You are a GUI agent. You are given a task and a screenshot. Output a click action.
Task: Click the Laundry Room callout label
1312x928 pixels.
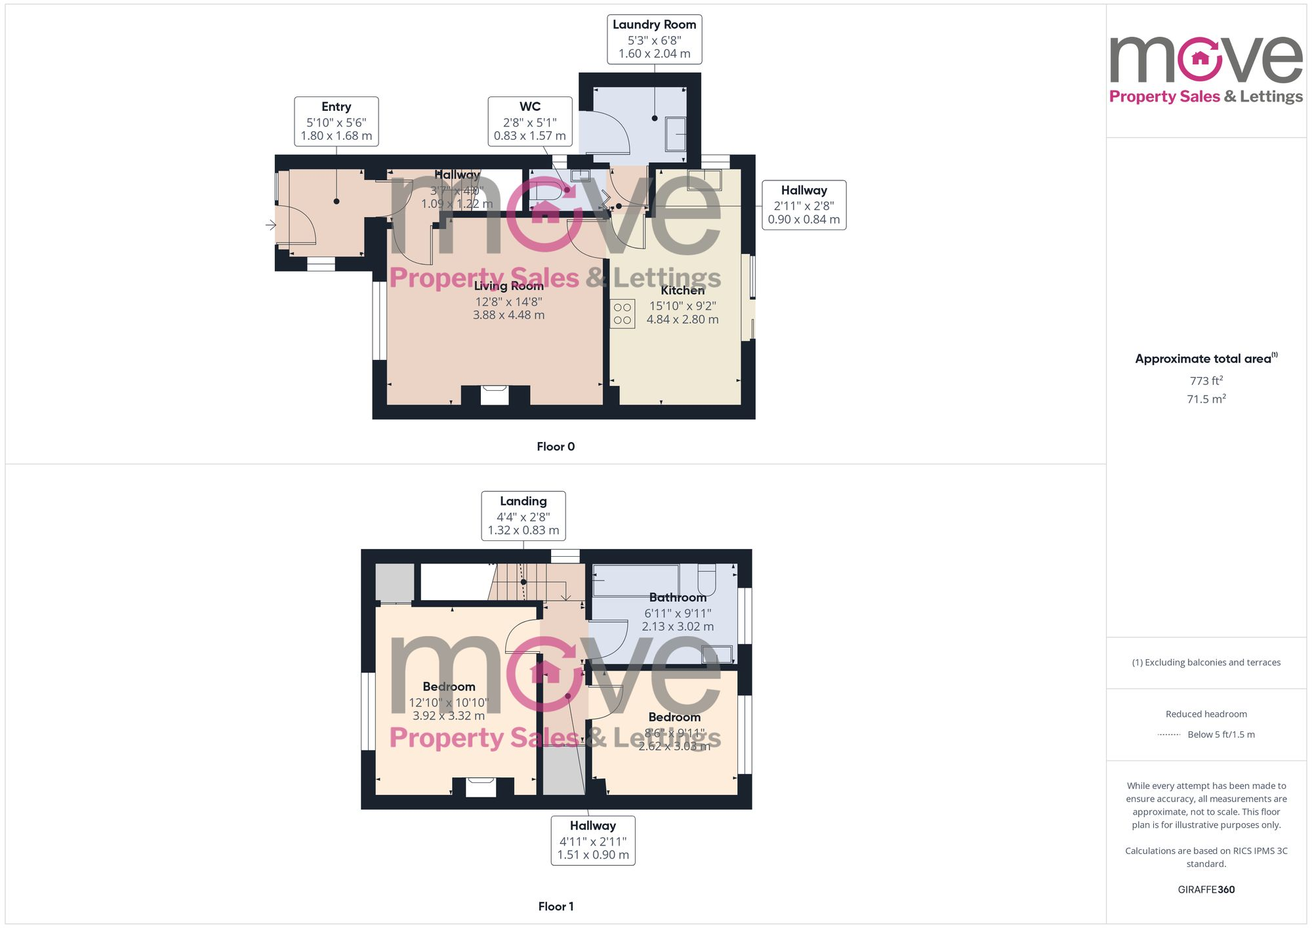(654, 25)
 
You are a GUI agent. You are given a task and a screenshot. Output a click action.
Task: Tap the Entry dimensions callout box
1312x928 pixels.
(336, 121)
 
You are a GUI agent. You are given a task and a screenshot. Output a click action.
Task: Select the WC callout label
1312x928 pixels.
(529, 107)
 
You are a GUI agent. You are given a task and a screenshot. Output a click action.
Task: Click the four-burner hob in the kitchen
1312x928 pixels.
(623, 314)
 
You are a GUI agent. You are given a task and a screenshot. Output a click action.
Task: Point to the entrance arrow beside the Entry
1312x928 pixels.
(271, 226)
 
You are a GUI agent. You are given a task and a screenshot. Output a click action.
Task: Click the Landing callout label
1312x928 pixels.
(523, 502)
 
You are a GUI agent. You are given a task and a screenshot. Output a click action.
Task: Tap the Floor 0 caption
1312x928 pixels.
(555, 447)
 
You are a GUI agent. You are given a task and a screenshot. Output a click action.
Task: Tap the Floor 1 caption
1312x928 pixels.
(555, 906)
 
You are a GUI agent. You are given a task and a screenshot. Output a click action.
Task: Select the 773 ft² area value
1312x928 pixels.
(1206, 381)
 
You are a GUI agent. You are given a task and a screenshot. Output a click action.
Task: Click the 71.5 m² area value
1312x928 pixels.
(1206, 399)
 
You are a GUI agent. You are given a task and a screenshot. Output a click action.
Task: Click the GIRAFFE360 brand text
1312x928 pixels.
(1206, 890)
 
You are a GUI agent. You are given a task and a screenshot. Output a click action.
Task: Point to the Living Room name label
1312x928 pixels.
(508, 286)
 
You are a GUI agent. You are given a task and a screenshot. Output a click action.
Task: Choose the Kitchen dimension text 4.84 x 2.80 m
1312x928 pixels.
(682, 320)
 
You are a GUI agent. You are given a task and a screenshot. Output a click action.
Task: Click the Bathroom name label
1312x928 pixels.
(678, 597)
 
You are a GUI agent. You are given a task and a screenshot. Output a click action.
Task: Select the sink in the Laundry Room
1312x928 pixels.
(676, 134)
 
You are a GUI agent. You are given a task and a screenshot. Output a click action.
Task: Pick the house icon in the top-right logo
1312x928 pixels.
(1200, 58)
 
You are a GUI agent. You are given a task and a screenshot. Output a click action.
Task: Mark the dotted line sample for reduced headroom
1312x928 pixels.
(1169, 735)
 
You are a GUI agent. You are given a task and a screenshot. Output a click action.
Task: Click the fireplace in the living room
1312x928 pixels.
(495, 395)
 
